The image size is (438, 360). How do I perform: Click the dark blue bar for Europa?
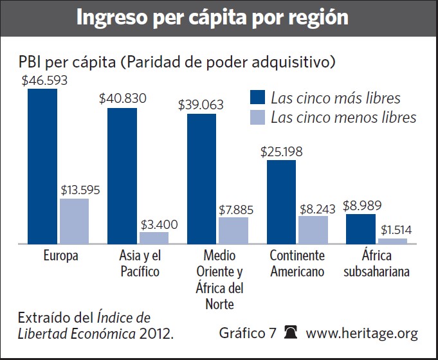click(42, 166)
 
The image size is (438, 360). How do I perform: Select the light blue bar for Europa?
click(74, 221)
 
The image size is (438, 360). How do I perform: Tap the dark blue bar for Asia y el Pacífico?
click(122, 175)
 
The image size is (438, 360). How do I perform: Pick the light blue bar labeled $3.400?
click(154, 238)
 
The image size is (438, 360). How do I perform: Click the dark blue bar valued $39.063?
click(202, 179)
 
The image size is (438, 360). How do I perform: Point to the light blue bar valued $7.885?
click(233, 230)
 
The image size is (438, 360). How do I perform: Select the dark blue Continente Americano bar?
click(281, 201)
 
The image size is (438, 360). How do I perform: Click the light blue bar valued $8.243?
click(313, 230)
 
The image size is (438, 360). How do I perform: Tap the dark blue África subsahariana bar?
click(361, 229)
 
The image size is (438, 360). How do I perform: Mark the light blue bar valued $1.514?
click(393, 241)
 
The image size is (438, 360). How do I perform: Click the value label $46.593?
click(44, 81)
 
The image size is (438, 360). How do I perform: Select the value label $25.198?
click(282, 152)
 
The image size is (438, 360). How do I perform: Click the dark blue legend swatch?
click(257, 98)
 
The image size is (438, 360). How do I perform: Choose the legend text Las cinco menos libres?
click(343, 118)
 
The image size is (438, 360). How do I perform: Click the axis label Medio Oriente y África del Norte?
click(219, 279)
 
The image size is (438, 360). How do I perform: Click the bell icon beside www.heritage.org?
click(291, 333)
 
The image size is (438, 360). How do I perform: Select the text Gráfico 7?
click(248, 334)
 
